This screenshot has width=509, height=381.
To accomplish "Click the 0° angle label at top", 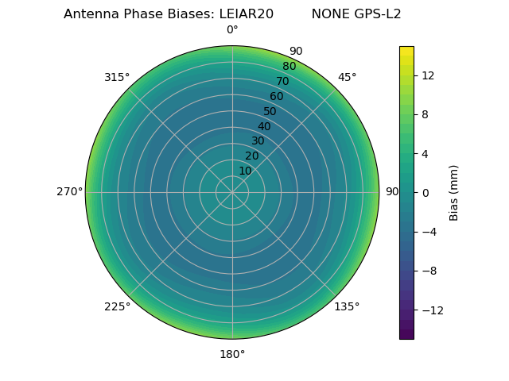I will (232, 30).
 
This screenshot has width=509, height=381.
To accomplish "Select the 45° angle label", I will (347, 77).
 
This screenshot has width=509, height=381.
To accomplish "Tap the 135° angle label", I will (347, 306).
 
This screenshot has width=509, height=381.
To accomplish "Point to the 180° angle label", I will (232, 354).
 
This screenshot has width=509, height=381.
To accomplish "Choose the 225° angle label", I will (117, 306).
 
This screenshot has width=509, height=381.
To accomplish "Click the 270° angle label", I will (69, 191).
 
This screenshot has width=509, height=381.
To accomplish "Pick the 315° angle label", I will (117, 77).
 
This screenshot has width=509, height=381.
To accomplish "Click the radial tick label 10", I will (245, 171).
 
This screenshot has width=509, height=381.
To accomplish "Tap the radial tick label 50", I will (270, 111).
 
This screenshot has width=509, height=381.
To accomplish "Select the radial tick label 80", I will (289, 67).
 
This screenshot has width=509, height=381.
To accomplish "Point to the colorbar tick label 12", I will (428, 75).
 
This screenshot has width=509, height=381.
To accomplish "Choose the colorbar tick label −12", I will (431, 310).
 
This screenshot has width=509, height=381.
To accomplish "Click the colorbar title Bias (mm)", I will (454, 192).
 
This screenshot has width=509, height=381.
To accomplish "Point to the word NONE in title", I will (328, 14).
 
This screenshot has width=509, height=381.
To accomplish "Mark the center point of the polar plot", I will (232, 192).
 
